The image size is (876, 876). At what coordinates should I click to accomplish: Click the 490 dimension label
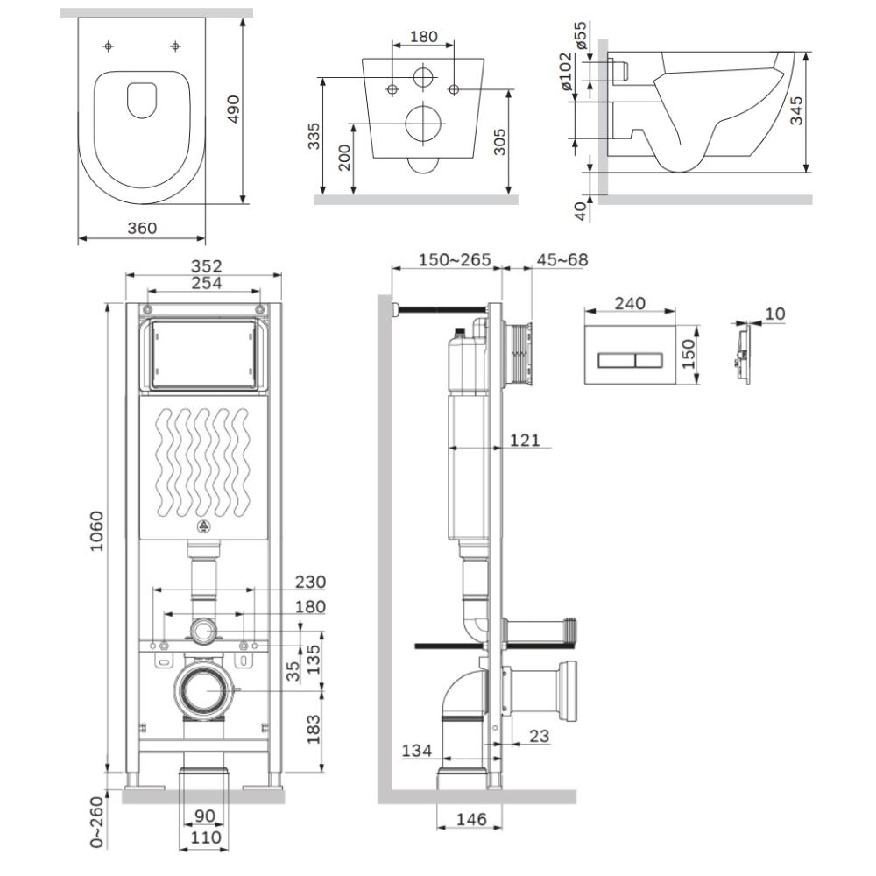tap(234, 110)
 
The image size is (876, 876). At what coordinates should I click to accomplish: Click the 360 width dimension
tap(141, 228)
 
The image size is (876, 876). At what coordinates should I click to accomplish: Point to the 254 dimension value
tap(205, 282)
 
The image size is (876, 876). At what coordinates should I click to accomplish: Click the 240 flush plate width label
tap(629, 303)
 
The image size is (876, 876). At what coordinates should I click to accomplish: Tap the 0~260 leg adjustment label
tap(96, 824)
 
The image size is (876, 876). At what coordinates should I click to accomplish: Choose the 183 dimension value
tap(313, 725)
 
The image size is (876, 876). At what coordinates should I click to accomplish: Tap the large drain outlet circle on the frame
tap(205, 689)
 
